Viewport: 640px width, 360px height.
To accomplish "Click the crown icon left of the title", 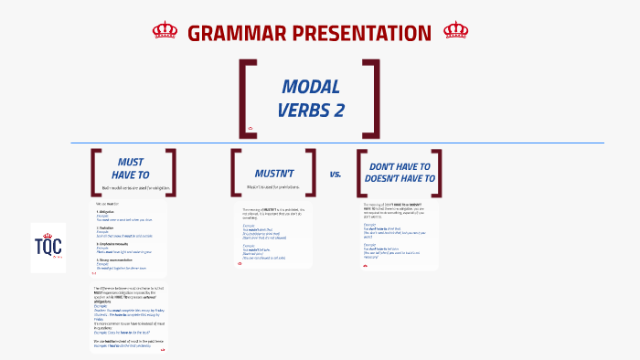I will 165,31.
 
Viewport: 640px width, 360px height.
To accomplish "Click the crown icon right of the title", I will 455,31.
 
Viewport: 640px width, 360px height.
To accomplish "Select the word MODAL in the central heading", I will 310,87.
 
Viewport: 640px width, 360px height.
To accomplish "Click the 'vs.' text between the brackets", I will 335,173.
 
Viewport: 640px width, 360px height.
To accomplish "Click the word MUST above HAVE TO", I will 130,161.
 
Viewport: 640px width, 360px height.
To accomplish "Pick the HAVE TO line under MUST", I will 130,174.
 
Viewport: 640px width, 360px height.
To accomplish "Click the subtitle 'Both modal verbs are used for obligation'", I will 135,187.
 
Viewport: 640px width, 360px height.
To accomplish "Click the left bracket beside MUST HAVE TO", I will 94,172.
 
